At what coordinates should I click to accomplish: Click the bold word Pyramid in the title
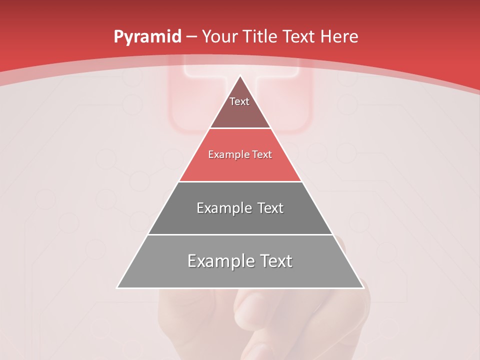click(x=147, y=37)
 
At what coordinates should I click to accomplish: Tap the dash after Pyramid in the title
click(x=191, y=37)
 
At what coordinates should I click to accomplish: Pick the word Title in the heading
click(x=259, y=37)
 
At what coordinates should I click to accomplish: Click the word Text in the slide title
click(x=299, y=37)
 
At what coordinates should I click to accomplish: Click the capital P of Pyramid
click(x=118, y=37)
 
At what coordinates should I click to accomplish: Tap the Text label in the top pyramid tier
click(x=239, y=102)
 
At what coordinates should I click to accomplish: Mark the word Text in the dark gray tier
click(x=269, y=208)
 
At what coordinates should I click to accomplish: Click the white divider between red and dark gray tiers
click(x=240, y=181)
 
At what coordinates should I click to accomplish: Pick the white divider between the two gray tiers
click(x=240, y=234)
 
